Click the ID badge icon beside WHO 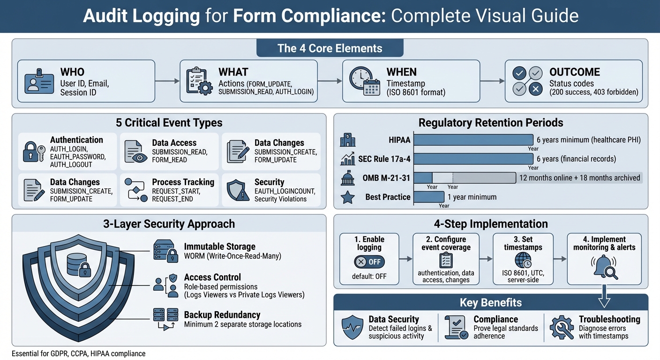pos(39,81)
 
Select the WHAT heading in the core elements pos(233,72)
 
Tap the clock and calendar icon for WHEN pos(364,81)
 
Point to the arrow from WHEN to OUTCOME pos(492,81)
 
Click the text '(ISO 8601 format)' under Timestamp pos(416,92)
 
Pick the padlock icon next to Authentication pos(34,151)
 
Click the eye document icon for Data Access pos(136,151)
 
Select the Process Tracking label pos(183,182)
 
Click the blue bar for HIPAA pos(473,140)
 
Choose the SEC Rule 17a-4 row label pos(384,159)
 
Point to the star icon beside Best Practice pos(347,197)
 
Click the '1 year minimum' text pos(472,197)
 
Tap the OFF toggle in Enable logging pos(369,262)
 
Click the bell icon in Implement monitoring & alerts pos(603,267)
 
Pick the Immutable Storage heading pos(219,247)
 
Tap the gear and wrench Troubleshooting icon pos(561,327)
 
